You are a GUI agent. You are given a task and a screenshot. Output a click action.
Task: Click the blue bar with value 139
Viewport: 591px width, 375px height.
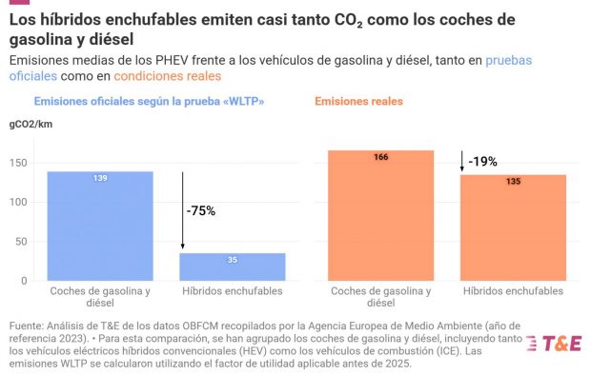[100, 226]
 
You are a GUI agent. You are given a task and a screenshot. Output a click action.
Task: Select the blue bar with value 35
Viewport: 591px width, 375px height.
[233, 266]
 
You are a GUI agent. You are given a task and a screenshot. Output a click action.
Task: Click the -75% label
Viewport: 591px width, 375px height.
[201, 210]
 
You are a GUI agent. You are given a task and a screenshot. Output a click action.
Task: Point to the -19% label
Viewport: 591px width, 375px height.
[483, 162]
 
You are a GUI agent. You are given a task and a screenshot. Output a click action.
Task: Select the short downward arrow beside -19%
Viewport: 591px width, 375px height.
[462, 161]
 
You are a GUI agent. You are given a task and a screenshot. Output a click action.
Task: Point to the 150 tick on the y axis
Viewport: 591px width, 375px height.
[18, 163]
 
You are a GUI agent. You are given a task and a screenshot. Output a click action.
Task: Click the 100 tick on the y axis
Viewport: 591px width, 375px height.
[18, 202]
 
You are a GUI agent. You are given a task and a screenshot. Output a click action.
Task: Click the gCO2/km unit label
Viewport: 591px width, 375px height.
[31, 125]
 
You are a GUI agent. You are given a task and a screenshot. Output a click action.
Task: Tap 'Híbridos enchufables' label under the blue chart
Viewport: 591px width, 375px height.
[233, 290]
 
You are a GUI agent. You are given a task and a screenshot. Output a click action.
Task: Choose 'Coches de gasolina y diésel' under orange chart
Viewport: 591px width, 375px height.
[380, 296]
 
